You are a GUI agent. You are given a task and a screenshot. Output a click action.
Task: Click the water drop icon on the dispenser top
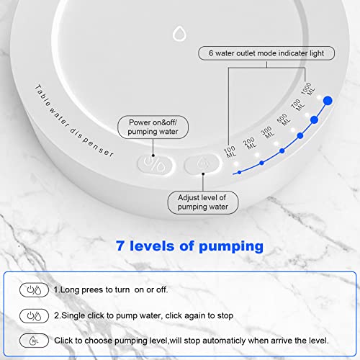[x=179, y=33]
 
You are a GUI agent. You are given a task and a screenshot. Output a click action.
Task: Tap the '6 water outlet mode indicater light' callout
[x=266, y=53]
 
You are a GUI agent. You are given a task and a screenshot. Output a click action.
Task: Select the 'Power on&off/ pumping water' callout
[x=153, y=127]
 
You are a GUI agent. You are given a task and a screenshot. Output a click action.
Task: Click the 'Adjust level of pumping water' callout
[x=203, y=202]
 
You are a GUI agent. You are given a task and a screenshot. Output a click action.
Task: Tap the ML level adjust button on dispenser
[x=202, y=163]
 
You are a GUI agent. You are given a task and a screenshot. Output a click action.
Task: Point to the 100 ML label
[x=230, y=152]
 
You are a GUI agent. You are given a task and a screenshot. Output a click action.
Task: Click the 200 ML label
[x=250, y=143]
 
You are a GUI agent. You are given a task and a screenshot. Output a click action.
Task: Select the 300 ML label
[x=268, y=132]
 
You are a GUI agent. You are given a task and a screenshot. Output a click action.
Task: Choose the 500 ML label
[x=284, y=120]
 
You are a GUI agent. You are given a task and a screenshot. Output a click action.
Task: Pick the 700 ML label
[x=297, y=105]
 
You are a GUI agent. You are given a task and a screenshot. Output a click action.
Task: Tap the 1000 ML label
[x=308, y=89]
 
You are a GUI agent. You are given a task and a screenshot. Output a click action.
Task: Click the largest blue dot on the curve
[x=328, y=101]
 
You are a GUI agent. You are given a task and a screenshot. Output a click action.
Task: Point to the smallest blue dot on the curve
[x=239, y=172]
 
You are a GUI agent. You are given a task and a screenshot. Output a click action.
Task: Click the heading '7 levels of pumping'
[x=189, y=246]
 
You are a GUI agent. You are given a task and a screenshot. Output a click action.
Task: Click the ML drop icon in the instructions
[x=34, y=341]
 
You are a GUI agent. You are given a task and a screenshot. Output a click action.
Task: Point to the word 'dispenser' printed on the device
[x=92, y=143]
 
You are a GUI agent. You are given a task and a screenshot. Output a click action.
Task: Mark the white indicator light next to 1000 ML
[x=319, y=97]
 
